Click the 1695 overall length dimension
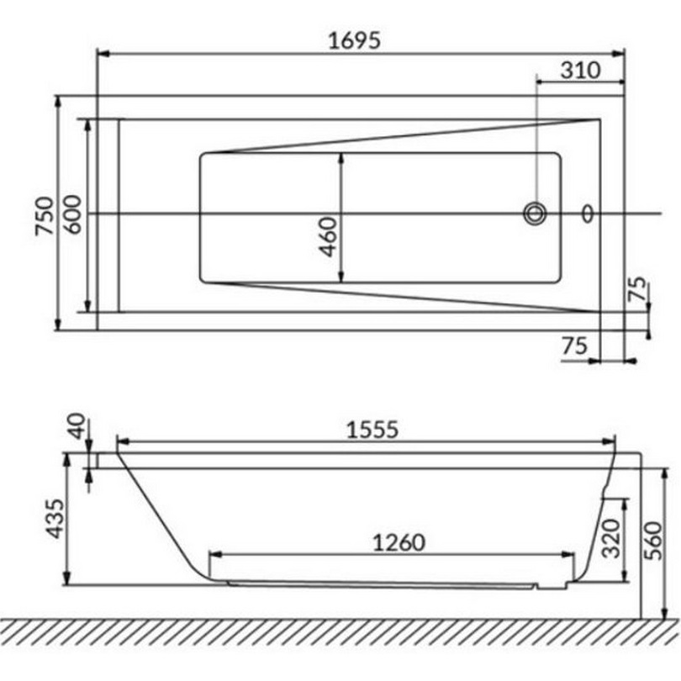(354, 40)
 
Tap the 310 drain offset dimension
(581, 70)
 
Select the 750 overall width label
(45, 216)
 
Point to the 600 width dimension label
(71, 214)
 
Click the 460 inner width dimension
(328, 237)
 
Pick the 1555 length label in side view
(372, 430)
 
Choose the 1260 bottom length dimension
(399, 543)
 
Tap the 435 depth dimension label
(55, 519)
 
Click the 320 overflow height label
(611, 539)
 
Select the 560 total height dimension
(653, 541)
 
